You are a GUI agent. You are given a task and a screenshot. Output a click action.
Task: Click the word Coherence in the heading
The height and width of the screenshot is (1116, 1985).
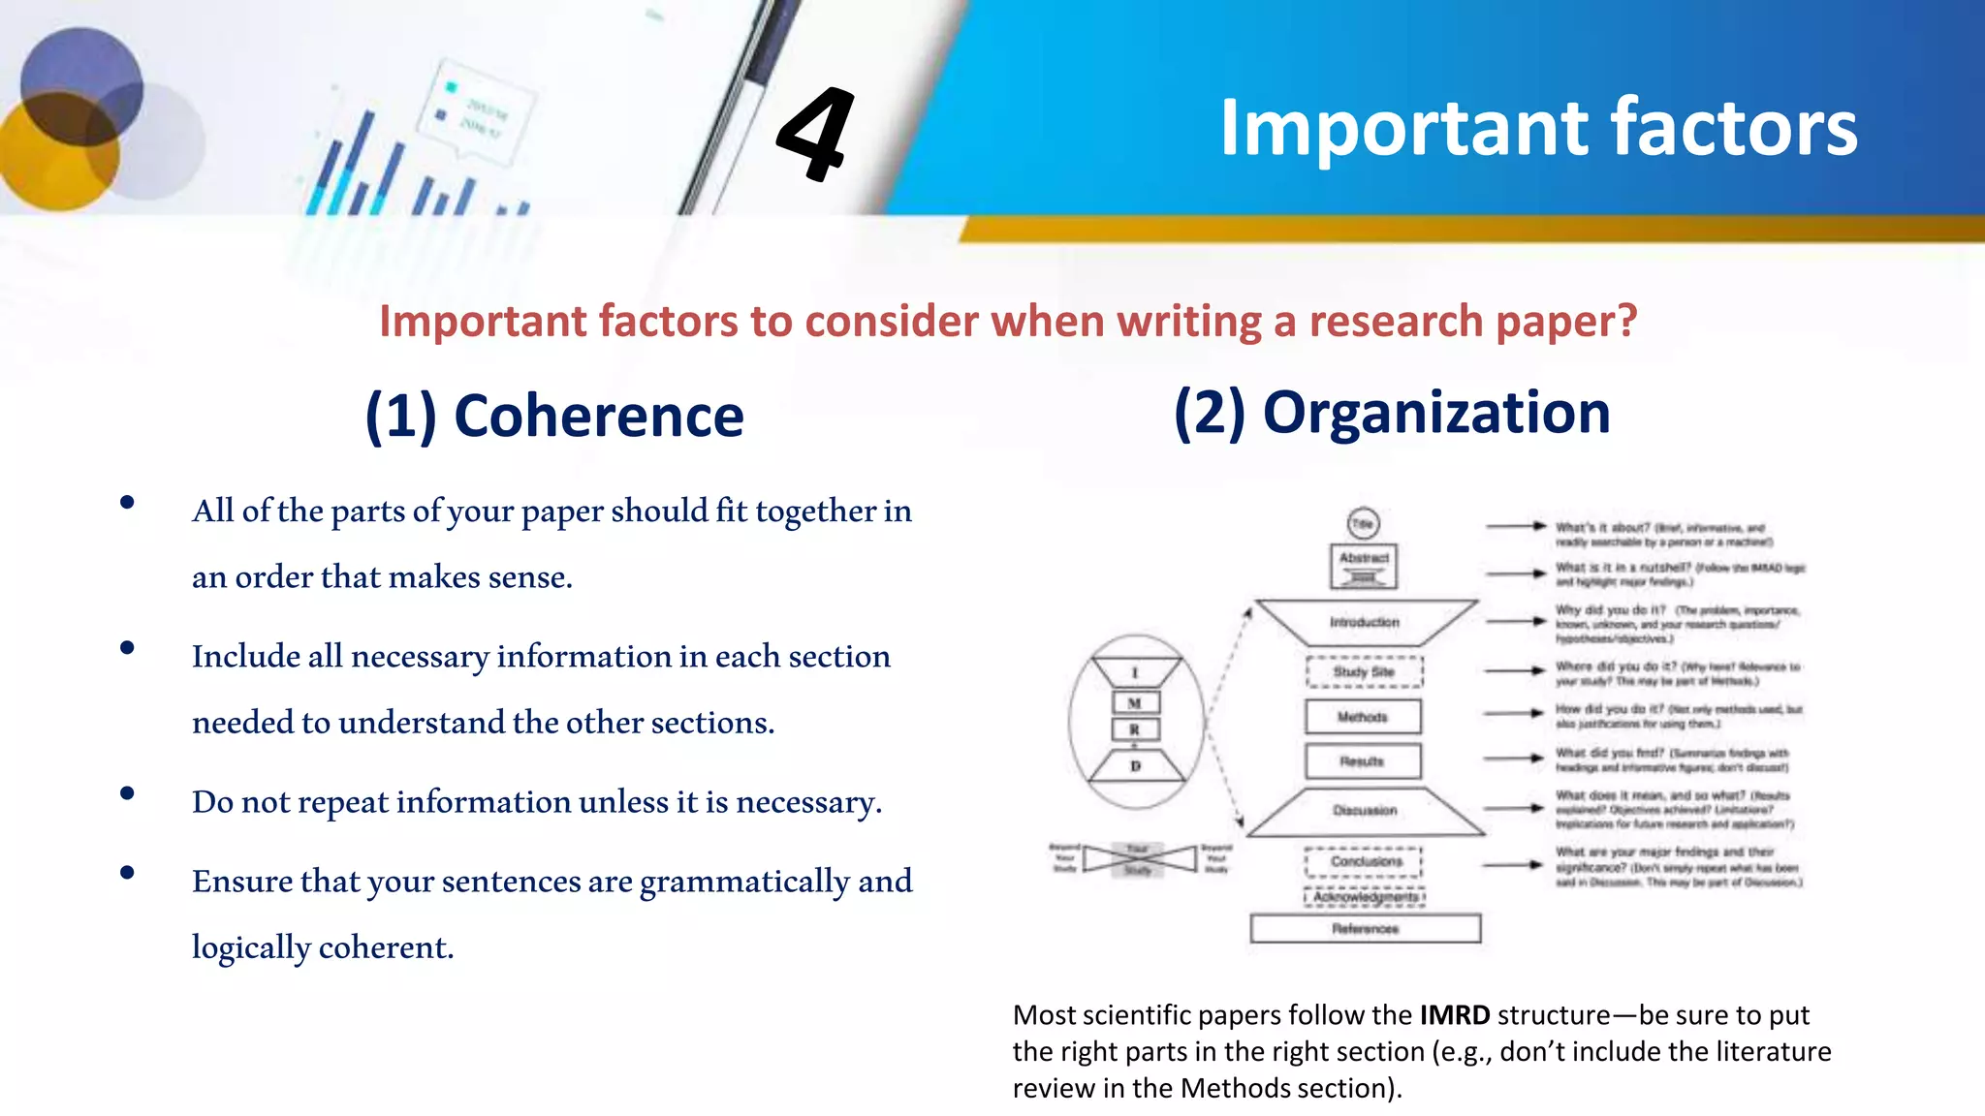pos(598,417)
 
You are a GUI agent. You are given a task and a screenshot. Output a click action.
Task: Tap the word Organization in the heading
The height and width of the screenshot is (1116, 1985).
pos(1436,413)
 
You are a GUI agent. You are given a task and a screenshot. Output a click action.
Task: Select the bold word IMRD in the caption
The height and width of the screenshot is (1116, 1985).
pos(1454,1015)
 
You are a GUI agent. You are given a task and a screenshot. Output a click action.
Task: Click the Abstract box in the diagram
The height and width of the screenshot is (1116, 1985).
pos(1364,566)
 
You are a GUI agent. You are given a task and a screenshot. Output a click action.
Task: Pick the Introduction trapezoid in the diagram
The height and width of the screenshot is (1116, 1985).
pos(1365,622)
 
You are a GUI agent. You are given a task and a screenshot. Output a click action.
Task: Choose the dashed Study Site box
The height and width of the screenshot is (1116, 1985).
pos(1364,671)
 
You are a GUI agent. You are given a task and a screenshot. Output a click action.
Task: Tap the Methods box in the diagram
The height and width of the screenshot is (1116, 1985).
pos(1363,717)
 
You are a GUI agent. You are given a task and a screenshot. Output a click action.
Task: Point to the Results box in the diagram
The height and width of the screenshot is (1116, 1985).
pos(1363,761)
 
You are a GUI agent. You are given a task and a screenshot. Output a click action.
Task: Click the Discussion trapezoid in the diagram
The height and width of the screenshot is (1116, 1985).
pos(1365,811)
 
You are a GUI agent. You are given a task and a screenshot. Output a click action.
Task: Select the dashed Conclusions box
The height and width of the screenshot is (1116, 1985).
pos(1365,861)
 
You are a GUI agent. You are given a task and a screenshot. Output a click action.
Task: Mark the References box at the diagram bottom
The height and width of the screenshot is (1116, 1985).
pos(1365,928)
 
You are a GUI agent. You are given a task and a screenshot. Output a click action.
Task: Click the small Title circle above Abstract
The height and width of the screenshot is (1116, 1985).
pos(1364,524)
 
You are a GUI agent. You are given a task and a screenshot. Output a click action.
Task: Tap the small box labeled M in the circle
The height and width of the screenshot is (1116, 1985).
pos(1135,703)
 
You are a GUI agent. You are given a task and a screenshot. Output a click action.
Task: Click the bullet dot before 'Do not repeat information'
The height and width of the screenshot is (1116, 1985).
pos(127,793)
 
